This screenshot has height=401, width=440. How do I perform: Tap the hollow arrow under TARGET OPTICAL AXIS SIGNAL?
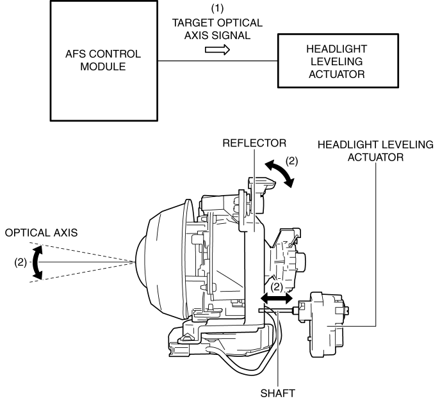tap(217, 51)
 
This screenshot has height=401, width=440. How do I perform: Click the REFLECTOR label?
tap(252, 144)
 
